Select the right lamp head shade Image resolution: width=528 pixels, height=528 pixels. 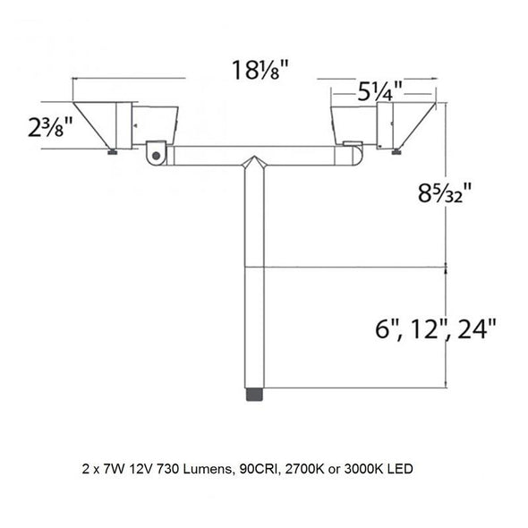pos(417,124)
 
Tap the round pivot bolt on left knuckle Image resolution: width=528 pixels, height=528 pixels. pos(157,155)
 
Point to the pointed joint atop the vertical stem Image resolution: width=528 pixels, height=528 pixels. pos(256,166)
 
